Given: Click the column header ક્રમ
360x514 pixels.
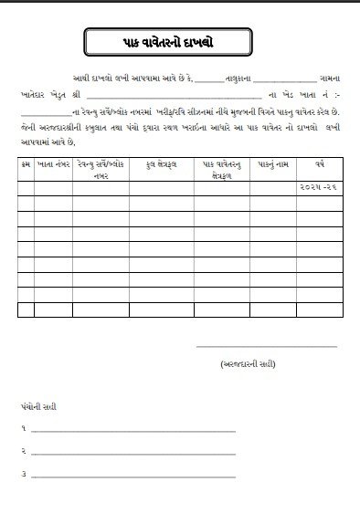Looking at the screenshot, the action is click(x=25, y=165).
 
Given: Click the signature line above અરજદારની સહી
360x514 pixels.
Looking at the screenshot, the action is click(x=267, y=347).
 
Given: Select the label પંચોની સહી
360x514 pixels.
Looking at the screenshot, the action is click(x=37, y=405).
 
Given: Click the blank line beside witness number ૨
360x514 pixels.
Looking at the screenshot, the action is click(x=133, y=453).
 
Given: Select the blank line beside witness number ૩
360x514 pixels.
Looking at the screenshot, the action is click(x=133, y=476).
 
